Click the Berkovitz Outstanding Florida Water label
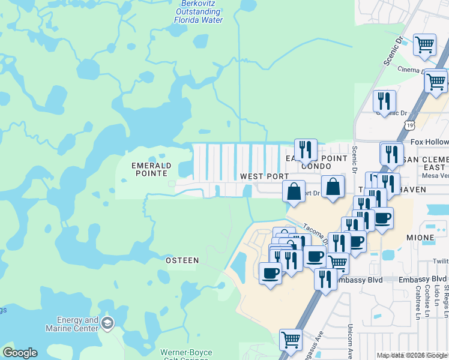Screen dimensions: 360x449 [x=198, y=12]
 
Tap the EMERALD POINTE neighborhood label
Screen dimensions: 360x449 [x=151, y=169]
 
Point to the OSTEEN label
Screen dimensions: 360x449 [x=182, y=260]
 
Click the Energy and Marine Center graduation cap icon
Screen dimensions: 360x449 [x=107, y=324]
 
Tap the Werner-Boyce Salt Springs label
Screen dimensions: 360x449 [x=187, y=355]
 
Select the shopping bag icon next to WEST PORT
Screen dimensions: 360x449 [x=294, y=191]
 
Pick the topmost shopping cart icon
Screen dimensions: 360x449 [x=424, y=44]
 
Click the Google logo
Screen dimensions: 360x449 [x=20, y=353]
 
